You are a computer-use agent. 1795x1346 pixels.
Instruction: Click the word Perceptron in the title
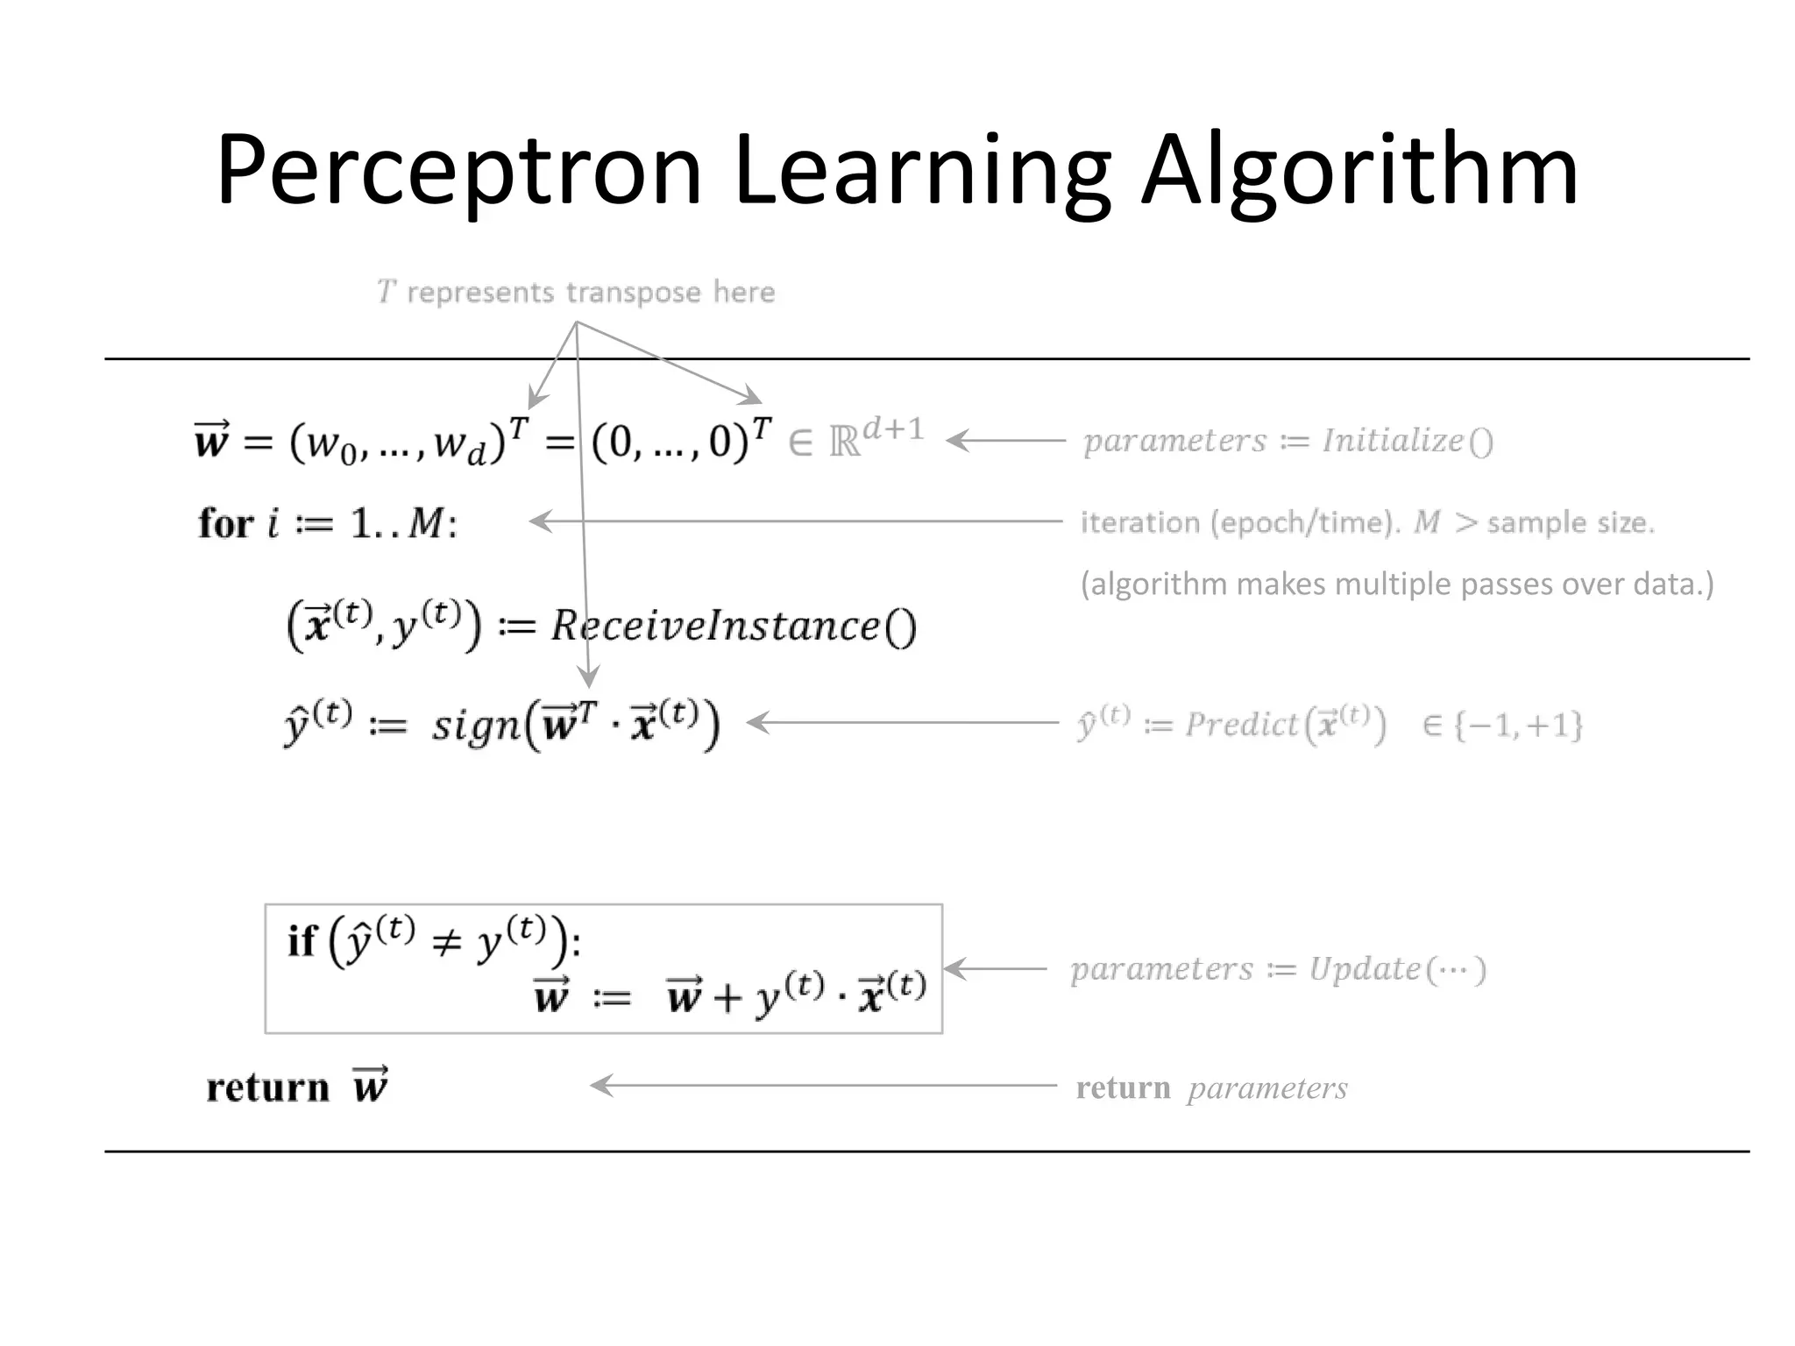pyautogui.click(x=459, y=171)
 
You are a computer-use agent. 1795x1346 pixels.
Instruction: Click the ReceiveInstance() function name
pyautogui.click(x=714, y=626)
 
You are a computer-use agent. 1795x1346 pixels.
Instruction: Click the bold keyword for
pyautogui.click(x=225, y=524)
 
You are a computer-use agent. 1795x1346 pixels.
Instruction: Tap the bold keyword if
pyautogui.click(x=301, y=941)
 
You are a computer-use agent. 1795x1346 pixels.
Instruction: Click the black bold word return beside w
pyautogui.click(x=267, y=1087)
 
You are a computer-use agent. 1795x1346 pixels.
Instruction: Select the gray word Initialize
pyautogui.click(x=1393, y=441)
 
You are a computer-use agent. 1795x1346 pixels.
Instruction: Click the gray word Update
pyautogui.click(x=1364, y=969)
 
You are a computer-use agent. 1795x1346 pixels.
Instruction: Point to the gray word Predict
pyautogui.click(x=1240, y=725)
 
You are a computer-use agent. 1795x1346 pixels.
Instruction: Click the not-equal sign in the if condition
pyautogui.click(x=446, y=944)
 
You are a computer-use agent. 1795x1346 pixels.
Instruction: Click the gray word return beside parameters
pyautogui.click(x=1123, y=1088)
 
